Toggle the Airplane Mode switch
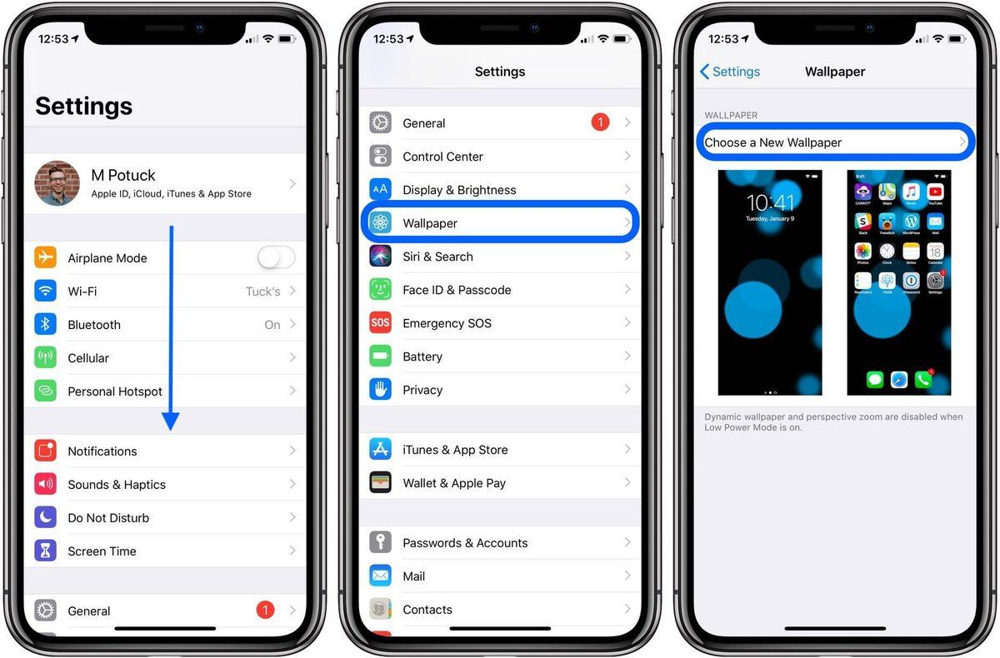276,258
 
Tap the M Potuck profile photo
57,183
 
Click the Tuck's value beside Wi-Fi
262,292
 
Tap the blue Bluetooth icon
46,325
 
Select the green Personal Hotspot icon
46,391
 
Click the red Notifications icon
46,451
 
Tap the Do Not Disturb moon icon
46,517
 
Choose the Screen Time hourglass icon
46,551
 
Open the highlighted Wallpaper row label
430,223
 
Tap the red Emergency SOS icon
381,323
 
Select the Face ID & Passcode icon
381,290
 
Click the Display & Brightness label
459,190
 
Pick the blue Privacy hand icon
381,390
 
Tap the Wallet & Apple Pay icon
381,483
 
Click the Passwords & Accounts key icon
381,543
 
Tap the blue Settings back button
730,72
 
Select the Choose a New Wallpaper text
773,142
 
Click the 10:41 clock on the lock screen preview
770,202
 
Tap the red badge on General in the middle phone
600,123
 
